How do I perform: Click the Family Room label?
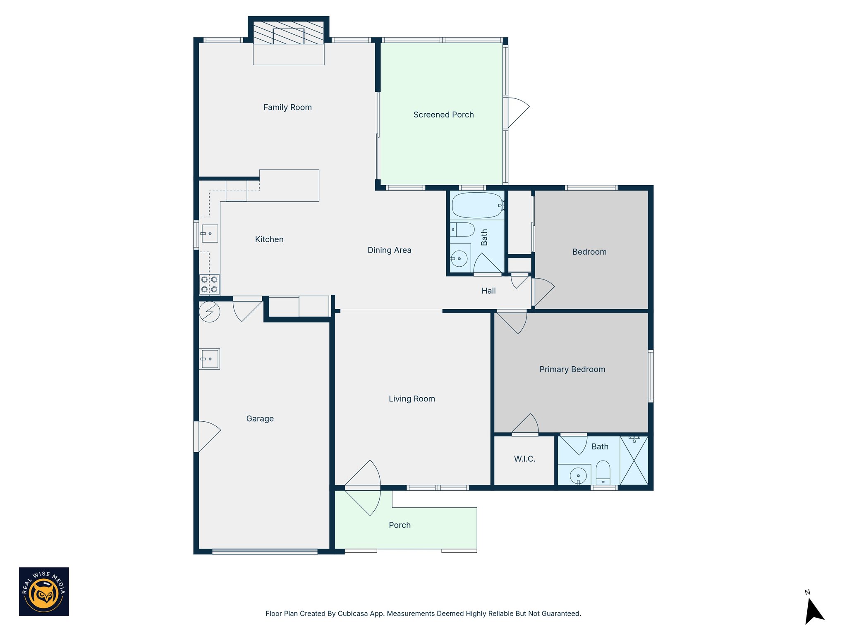coord(287,107)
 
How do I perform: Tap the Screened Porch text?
coord(443,115)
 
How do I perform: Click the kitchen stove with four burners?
coord(209,284)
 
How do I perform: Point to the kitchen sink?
coord(210,234)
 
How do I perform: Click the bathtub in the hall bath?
coord(477,205)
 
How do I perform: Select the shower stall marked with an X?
coord(634,461)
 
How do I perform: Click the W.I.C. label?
coord(524,459)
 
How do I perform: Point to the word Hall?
coord(488,291)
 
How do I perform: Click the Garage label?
coord(260,419)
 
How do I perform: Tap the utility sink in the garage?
coord(210,359)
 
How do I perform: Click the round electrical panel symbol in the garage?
coord(210,312)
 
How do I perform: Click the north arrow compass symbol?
coord(814,611)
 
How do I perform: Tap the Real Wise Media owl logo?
coord(44,592)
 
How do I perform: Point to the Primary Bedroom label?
coord(572,370)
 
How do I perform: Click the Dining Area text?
coord(389,250)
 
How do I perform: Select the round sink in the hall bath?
coord(459,259)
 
